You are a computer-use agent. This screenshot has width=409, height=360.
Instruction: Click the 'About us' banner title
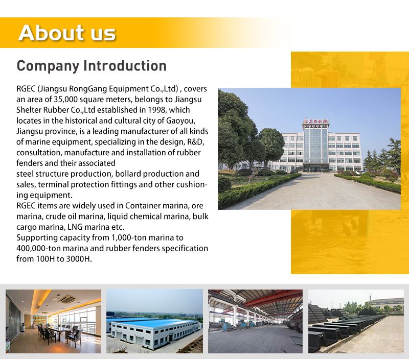pos(67,33)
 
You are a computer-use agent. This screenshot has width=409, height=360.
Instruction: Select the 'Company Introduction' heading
pos(92,66)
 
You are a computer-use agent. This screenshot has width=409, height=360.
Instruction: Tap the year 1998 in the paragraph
pos(156,110)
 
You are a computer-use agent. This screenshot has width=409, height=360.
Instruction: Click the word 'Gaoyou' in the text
pos(180,121)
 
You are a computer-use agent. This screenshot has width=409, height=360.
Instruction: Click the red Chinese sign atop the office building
pos(315,121)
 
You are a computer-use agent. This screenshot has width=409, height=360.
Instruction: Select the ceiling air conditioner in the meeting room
pos(68,298)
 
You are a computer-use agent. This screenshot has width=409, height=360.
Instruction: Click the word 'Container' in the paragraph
pos(143,206)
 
